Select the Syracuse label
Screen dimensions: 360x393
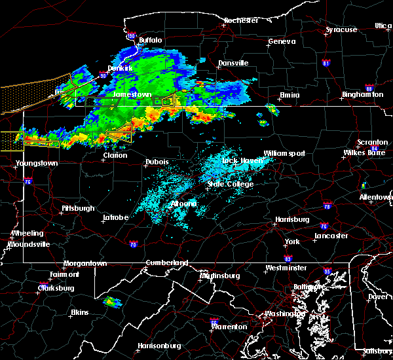[341, 30]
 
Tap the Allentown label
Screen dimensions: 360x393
[375, 196]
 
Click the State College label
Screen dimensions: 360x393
[230, 184]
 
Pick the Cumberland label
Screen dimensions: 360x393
[166, 262]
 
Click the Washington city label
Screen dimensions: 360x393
[284, 314]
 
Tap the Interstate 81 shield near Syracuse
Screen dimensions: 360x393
[326, 63]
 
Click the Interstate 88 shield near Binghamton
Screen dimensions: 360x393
[369, 88]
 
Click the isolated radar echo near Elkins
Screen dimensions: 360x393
[112, 302]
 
